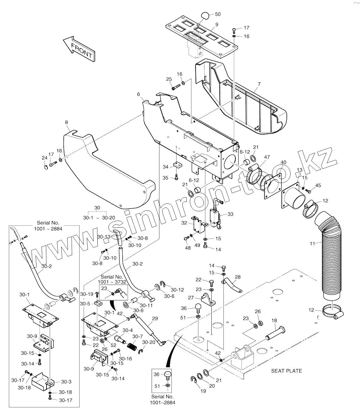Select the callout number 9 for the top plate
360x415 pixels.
[217, 24]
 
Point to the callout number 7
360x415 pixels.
[259, 84]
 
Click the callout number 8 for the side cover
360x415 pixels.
[66, 122]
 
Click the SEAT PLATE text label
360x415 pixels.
[286, 371]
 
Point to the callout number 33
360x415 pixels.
[230, 214]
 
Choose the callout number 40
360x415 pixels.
[283, 162]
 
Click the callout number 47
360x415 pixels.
[267, 157]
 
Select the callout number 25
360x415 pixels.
[169, 79]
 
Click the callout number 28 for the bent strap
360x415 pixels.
[238, 277]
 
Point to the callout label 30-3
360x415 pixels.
[66, 382]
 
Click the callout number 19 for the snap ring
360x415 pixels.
[203, 391]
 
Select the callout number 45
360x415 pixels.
[318, 185]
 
